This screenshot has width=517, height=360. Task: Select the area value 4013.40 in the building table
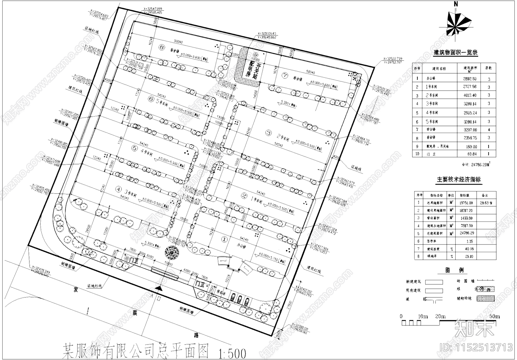470,95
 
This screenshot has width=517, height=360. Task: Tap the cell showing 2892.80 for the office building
470,78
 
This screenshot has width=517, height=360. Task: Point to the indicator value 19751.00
466,203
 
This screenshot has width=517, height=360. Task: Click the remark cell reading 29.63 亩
486,203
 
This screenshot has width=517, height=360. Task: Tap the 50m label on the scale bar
494,316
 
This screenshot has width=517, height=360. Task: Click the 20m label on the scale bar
440,316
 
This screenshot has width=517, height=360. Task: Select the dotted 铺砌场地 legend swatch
486,298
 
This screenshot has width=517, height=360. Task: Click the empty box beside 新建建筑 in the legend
434,282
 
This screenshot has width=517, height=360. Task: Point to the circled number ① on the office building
224,239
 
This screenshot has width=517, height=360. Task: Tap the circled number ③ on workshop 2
268,132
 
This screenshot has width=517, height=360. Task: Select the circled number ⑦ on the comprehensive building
285,75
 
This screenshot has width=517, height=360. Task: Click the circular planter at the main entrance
170,252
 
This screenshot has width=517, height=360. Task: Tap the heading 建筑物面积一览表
456,53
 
